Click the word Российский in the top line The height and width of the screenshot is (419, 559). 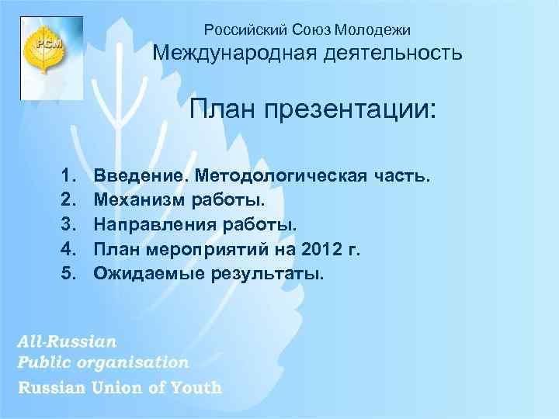[x=236, y=30]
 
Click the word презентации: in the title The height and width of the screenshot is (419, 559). [x=349, y=109]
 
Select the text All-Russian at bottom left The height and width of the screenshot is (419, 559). [x=68, y=341]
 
